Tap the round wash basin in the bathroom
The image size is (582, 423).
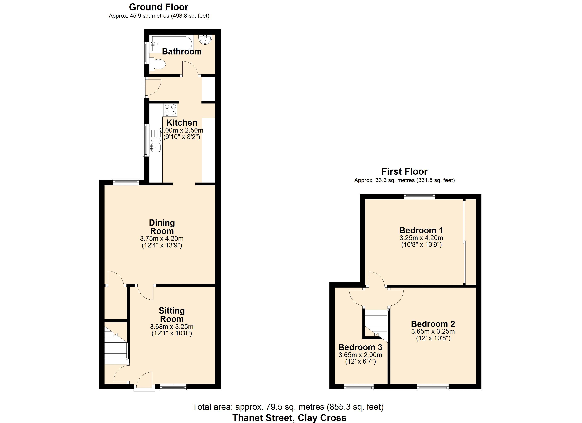[205, 39]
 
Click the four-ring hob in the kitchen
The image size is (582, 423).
[170, 110]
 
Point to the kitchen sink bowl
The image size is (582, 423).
[156, 148]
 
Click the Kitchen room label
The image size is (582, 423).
[182, 123]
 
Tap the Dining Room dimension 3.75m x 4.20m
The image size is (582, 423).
[162, 239]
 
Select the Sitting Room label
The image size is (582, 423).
[172, 315]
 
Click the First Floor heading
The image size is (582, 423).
[404, 171]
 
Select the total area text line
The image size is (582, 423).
[288, 407]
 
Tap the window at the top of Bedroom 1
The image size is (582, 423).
[420, 196]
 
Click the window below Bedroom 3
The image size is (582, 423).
[359, 387]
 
